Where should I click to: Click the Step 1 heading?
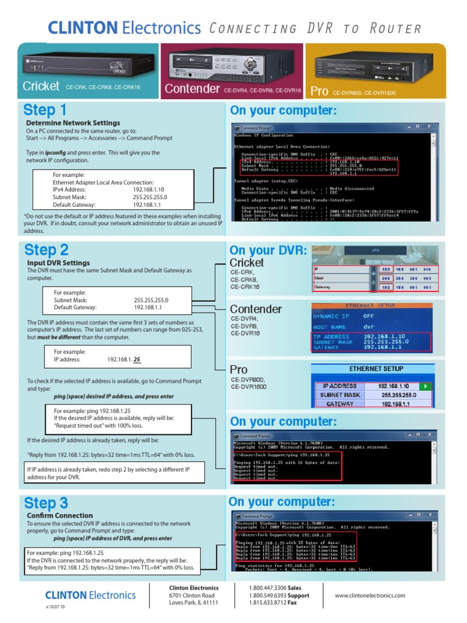[45, 110]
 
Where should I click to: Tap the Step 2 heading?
[46, 250]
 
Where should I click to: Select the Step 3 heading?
[46, 503]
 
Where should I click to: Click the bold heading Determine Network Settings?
[69, 123]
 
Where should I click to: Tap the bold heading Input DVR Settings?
[58, 263]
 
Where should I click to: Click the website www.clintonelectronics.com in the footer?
[370, 596]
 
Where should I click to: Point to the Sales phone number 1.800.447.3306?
[268, 588]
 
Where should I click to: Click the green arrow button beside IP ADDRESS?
[426, 386]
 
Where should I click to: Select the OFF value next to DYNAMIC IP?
[368, 316]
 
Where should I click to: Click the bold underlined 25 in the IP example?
[137, 360]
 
